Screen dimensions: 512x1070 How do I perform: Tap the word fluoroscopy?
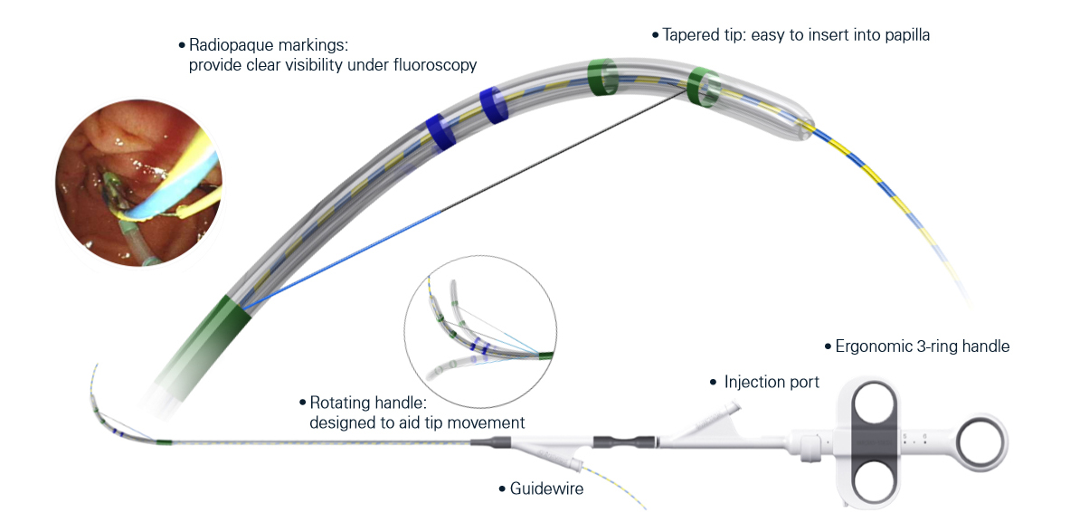[433, 65]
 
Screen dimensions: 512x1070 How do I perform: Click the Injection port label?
[772, 382]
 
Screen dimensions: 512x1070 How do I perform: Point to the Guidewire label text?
[546, 488]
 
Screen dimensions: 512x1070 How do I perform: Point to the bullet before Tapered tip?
[656, 35]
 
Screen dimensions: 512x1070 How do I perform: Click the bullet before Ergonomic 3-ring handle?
[827, 346]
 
